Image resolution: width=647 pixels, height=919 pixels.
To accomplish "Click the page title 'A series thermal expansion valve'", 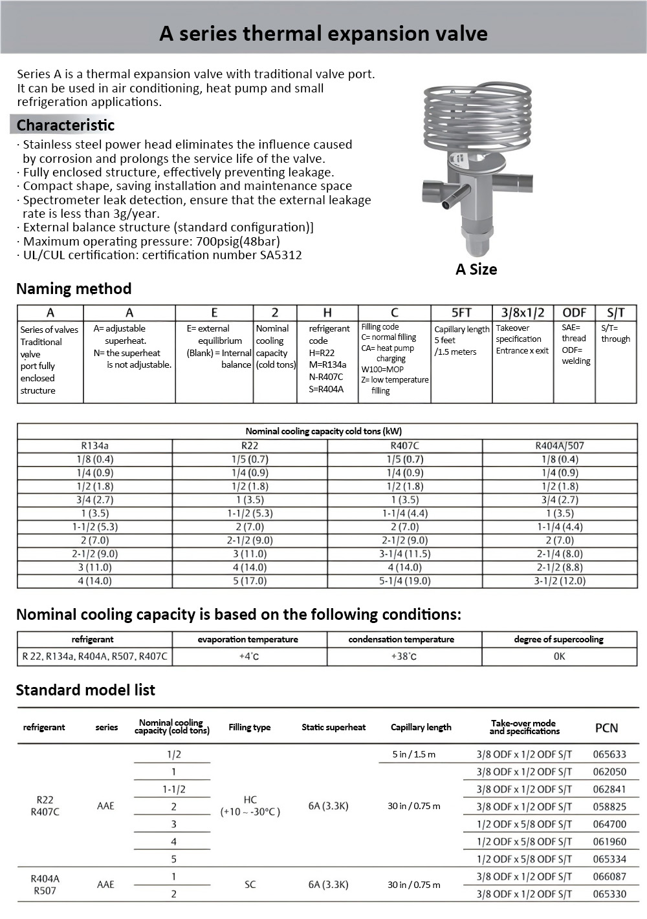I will [323, 34].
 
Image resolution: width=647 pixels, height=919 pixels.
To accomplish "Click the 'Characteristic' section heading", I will [65, 125].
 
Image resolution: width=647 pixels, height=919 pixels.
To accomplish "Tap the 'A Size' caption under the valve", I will [476, 269].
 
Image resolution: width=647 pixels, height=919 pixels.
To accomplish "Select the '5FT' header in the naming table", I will [461, 313].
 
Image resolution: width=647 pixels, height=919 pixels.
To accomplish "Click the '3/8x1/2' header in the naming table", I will [523, 313].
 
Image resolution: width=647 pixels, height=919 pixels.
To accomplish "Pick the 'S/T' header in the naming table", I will [615, 313].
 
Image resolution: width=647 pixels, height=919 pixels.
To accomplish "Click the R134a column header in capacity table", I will [95, 446].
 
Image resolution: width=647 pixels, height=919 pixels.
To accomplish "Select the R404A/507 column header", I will [560, 446].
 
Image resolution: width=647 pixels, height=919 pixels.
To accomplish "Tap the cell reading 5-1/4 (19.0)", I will [405, 581].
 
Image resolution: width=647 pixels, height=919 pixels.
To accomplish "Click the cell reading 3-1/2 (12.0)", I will [560, 581].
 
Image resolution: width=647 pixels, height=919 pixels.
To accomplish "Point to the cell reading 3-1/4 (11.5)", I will [405, 554].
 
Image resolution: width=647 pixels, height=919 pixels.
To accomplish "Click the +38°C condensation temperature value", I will [404, 657].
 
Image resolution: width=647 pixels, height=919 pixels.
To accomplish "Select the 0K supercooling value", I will [559, 657].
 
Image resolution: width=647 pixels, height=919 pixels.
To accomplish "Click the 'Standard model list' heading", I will [85, 690].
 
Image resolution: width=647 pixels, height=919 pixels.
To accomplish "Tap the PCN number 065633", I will [609, 754].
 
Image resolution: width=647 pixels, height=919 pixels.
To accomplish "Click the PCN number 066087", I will [609, 877].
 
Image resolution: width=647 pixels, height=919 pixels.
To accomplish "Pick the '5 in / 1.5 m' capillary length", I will [414, 754].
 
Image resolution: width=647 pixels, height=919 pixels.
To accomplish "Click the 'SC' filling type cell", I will [250, 885].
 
